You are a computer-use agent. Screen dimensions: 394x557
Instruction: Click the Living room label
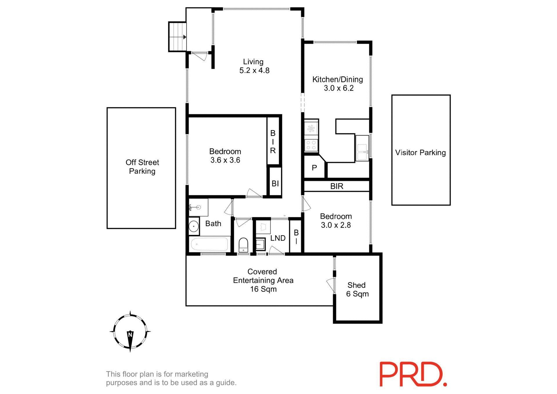[x=253, y=62]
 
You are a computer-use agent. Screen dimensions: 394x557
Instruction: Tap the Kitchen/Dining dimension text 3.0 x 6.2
[x=339, y=88]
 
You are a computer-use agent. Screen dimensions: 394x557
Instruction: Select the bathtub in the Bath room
[x=209, y=244]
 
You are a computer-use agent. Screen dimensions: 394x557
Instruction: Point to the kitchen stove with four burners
[x=311, y=145]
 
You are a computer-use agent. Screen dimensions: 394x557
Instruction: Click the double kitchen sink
[x=362, y=148]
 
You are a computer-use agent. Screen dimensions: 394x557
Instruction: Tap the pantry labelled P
[x=314, y=168]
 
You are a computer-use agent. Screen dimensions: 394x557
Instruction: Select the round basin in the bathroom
[x=193, y=226]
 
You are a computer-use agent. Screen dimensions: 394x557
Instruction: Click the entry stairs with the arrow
[x=177, y=37]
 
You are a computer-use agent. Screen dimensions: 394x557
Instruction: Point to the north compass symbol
[x=130, y=331]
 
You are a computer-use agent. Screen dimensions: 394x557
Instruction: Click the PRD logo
[x=413, y=374]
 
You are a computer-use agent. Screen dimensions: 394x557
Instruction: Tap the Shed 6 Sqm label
[x=357, y=290]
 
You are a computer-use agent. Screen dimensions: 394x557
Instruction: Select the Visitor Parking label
[x=420, y=153]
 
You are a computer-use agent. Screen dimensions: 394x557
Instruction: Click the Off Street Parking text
[x=142, y=167]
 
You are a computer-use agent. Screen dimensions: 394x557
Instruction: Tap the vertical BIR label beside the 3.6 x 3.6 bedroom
[x=273, y=142]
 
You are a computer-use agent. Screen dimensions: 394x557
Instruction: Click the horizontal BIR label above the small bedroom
[x=337, y=186]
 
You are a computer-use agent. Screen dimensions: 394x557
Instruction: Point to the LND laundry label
[x=278, y=238]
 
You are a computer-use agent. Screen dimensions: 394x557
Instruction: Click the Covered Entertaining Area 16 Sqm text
[x=263, y=280]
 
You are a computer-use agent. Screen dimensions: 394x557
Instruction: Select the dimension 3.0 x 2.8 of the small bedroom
[x=336, y=225]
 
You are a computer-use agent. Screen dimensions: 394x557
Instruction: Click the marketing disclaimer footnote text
[x=171, y=378]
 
